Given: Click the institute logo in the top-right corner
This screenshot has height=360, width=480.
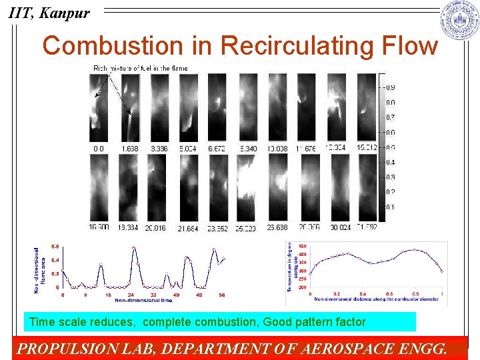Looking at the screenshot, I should point(459,20).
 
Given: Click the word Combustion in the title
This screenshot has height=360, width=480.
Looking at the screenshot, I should point(112,46).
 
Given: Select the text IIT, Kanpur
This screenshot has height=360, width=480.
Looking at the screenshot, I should point(47,13).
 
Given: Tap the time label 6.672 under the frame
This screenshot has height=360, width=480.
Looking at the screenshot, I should point(217,149).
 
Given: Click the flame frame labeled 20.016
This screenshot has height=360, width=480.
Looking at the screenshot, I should point(157,188).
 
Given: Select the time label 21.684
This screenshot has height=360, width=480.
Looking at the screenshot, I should point(188,229).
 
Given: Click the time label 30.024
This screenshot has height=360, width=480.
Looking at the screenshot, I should point(340,228).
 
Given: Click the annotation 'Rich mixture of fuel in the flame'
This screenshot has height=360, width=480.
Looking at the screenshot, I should point(141,68).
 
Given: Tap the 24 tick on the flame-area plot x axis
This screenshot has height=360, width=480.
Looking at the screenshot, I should point(131,294).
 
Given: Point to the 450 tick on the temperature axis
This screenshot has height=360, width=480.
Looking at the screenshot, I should point(303,246).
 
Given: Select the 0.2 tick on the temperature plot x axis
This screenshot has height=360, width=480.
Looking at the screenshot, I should point(336,294).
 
